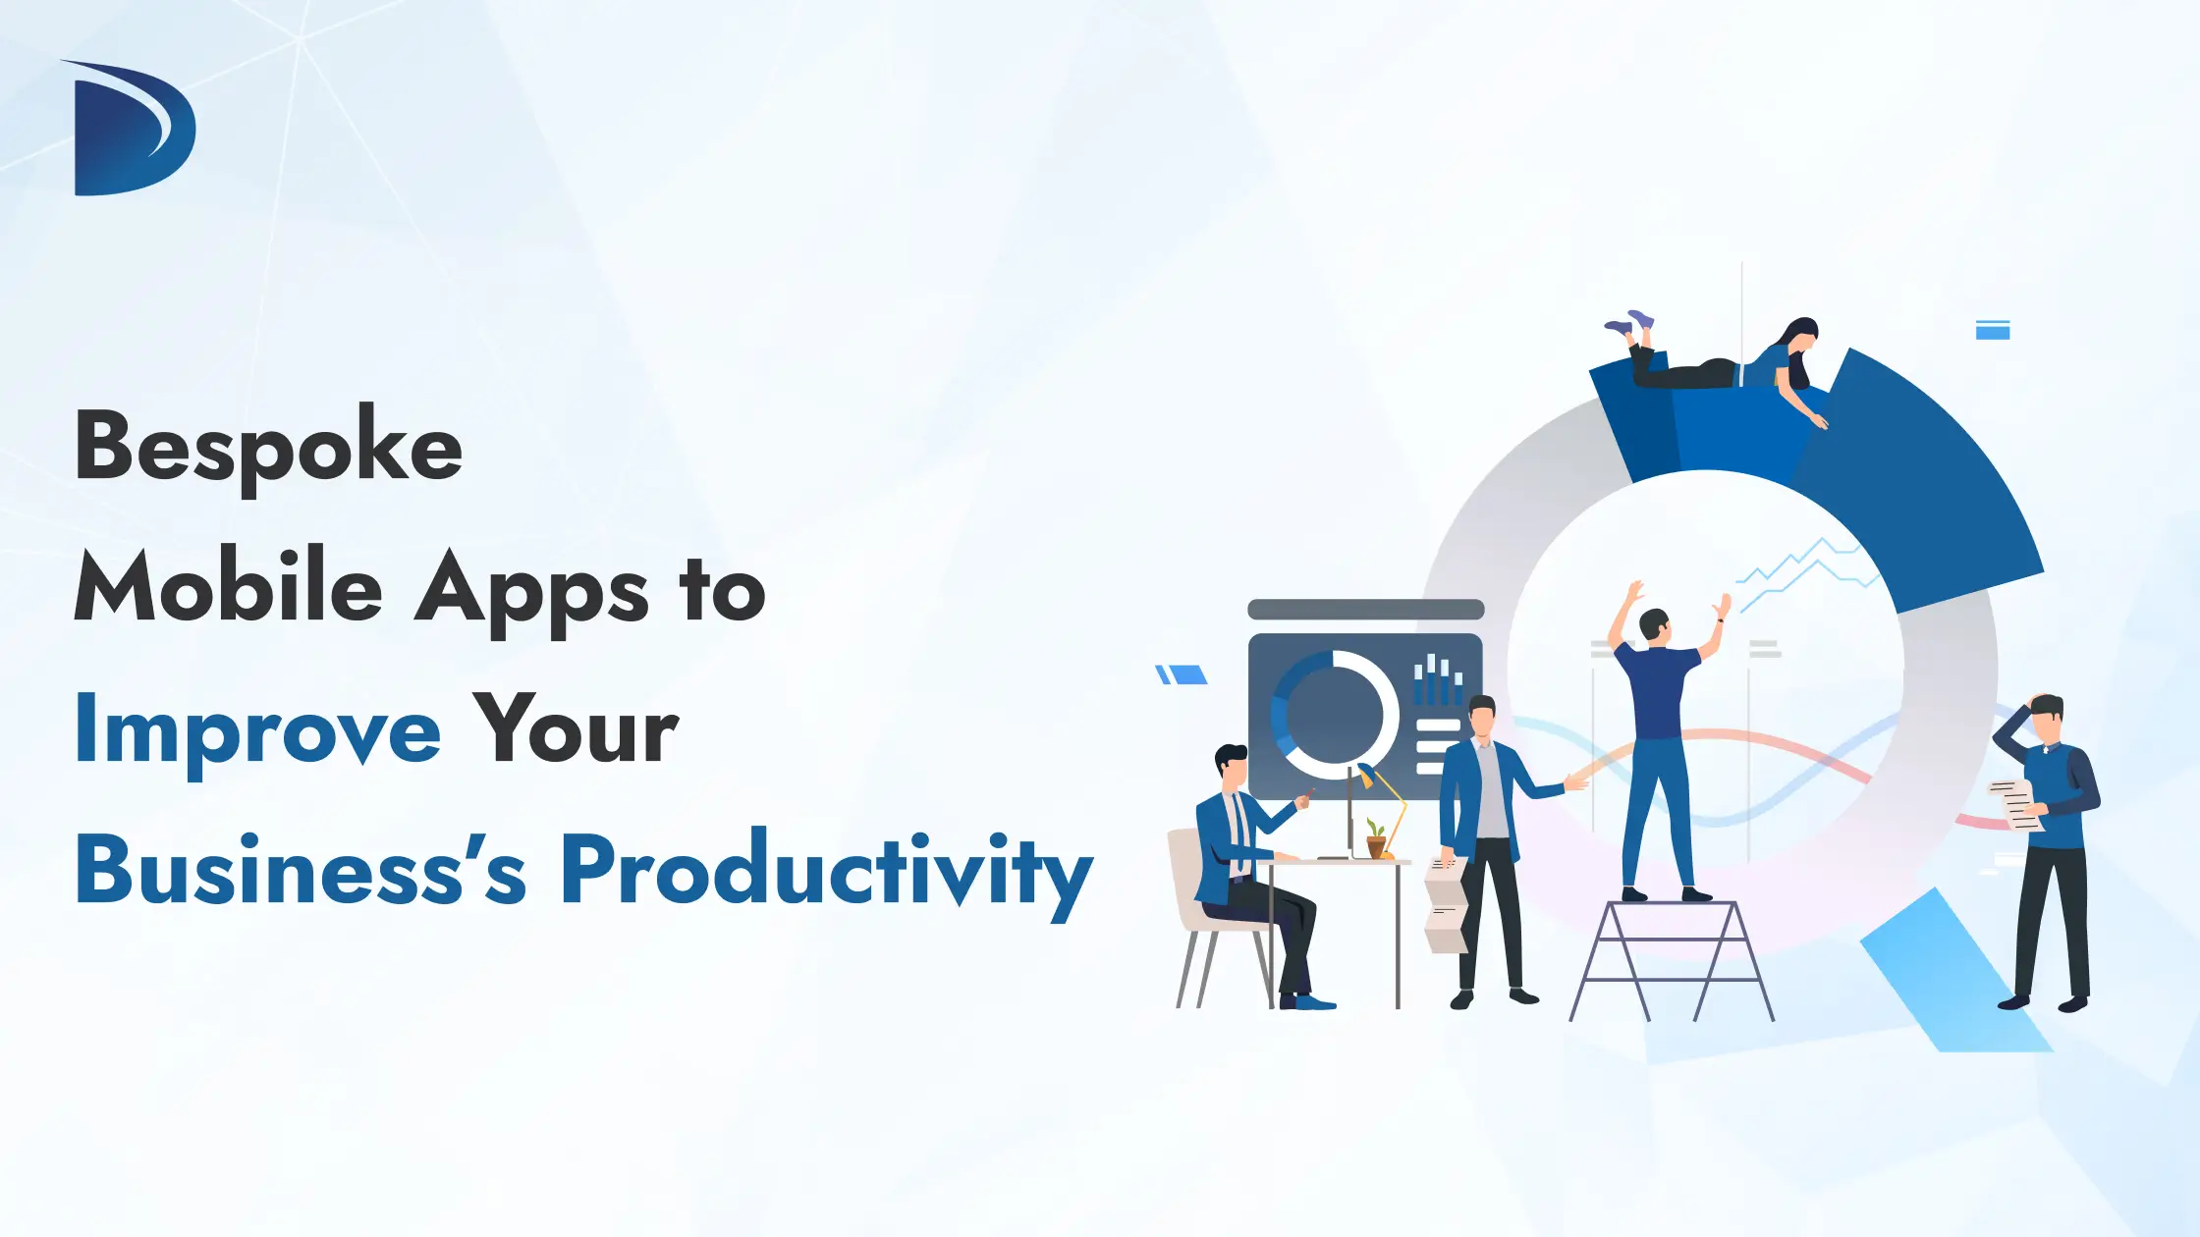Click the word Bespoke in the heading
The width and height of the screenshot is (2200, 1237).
[x=268, y=448]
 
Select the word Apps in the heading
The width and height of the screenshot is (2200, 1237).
[x=531, y=594]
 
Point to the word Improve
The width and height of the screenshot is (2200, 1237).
[x=258, y=732]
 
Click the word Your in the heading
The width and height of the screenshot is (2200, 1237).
[x=576, y=727]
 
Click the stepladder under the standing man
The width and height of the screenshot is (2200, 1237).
[x=1672, y=960]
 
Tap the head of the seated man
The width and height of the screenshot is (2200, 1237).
[x=1231, y=766]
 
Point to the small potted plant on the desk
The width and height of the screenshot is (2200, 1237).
[x=1376, y=839]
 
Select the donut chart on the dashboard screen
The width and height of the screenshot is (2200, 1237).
[x=1334, y=715]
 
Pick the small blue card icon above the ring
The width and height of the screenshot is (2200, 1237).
[x=1993, y=330]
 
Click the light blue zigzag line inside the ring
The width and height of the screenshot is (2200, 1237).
[x=1807, y=573]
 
